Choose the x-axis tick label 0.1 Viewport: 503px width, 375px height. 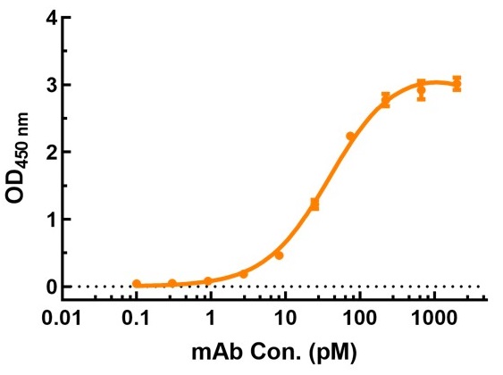136,319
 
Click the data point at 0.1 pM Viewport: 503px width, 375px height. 137,284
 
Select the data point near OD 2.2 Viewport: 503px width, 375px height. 350,137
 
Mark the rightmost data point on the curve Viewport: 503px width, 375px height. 457,84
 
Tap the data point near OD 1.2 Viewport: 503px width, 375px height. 314,204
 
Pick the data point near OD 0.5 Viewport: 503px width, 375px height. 279,255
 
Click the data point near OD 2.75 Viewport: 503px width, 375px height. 386,100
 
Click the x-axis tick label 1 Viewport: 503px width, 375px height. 210,319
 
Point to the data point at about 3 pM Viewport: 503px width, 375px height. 243,274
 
